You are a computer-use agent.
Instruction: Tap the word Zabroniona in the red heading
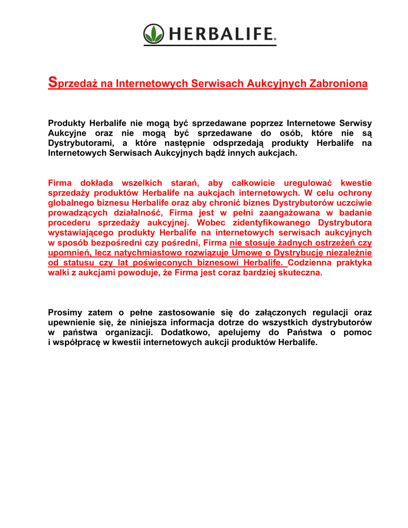click(338, 84)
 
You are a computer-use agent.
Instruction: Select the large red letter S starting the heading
click(52, 81)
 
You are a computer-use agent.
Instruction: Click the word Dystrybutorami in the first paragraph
click(81, 143)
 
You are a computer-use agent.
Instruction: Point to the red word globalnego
click(72, 202)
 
